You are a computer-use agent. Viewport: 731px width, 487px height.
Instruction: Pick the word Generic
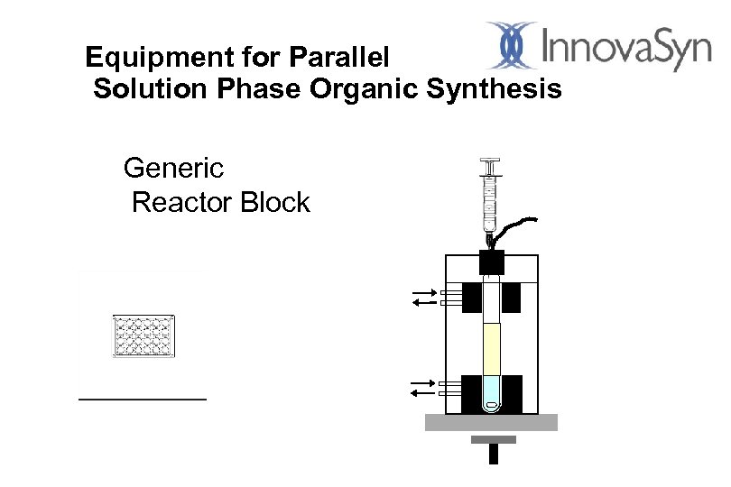[173, 168]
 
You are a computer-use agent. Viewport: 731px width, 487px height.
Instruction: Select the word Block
[275, 202]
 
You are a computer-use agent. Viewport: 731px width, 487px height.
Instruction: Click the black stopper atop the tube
[491, 262]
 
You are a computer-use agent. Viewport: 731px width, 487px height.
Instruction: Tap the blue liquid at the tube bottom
[491, 391]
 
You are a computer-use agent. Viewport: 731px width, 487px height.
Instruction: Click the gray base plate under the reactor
[491, 422]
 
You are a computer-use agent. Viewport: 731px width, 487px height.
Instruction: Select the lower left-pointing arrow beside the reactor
[421, 392]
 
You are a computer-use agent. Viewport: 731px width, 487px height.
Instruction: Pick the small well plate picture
[143, 335]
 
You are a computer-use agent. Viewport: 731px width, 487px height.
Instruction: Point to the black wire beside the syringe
[518, 225]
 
